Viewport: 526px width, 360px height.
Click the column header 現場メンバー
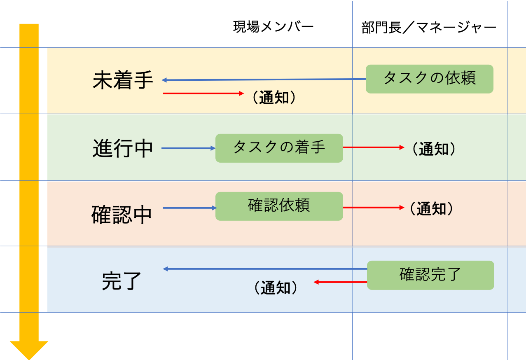pos(274,26)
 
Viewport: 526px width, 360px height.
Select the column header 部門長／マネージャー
pos(429,28)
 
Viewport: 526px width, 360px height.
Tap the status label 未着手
pos(123,80)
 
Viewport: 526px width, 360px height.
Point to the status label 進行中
pos(123,148)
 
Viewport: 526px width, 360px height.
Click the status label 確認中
pos(122,215)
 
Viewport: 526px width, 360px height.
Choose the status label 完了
pos(122,281)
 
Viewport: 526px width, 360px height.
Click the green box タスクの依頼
pos(430,79)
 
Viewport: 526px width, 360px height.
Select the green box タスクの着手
pos(279,148)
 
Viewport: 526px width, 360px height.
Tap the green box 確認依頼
pos(279,206)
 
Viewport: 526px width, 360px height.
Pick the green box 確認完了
pos(431,275)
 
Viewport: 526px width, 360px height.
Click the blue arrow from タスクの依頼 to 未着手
pos(264,79)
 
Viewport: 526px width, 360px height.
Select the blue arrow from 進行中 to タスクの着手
pos(189,148)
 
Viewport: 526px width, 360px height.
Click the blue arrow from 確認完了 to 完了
pos(265,269)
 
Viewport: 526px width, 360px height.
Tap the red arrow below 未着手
pos(203,94)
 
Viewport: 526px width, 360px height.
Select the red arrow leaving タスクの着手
pos(374,147)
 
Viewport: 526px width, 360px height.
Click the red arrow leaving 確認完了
pos(341,282)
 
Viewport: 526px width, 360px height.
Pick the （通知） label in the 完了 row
pos(276,288)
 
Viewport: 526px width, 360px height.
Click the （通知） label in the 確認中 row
pos(431,208)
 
